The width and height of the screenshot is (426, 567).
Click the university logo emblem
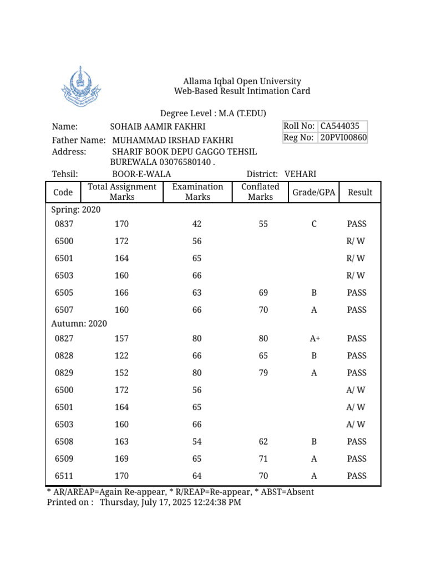tap(80, 87)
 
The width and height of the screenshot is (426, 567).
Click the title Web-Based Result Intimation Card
tap(242, 91)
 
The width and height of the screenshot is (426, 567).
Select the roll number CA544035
tap(340, 126)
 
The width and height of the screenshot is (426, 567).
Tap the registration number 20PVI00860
tap(343, 137)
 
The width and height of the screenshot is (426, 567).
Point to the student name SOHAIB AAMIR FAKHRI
tap(158, 127)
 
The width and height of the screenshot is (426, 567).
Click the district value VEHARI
tap(300, 174)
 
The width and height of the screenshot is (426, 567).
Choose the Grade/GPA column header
tap(313, 192)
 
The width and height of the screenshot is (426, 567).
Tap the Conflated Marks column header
tap(260, 192)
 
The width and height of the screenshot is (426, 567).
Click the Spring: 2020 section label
tap(76, 210)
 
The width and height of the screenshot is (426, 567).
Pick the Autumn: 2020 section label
tap(79, 323)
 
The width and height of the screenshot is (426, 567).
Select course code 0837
tap(64, 224)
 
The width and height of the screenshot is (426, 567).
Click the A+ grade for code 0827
tap(315, 339)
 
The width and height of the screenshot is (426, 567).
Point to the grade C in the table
tap(314, 224)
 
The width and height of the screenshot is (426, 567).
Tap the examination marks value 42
tap(197, 224)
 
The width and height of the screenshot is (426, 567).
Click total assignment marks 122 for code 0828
tap(121, 356)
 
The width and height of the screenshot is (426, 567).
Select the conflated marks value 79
tap(263, 373)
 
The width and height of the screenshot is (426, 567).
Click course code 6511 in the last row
tap(64, 476)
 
